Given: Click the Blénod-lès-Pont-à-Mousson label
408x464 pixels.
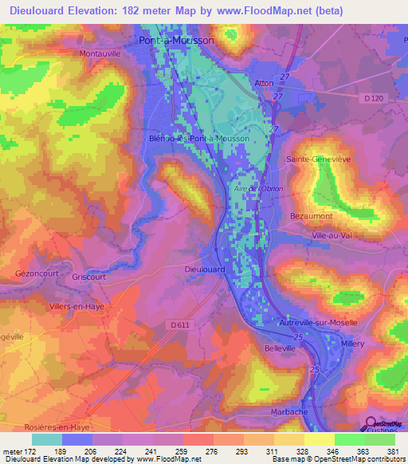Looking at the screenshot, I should (x=199, y=138).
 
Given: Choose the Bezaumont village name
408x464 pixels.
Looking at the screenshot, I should (x=311, y=216).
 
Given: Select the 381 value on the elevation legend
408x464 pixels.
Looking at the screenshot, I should (x=393, y=450).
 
